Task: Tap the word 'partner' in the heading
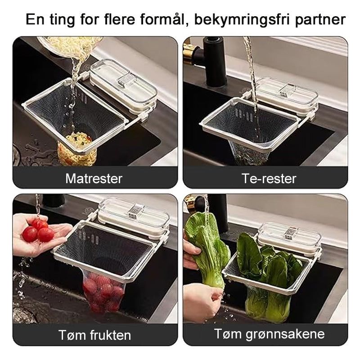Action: pyautogui.click(x=320, y=20)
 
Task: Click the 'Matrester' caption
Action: pyautogui.click(x=94, y=178)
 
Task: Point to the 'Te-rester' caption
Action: pyautogui.click(x=269, y=178)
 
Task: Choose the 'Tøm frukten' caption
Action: pyautogui.click(x=94, y=335)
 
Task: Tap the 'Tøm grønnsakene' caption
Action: pyautogui.click(x=269, y=333)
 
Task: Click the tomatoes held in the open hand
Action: pyautogui.click(x=38, y=230)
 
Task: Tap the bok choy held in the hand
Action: pyautogui.click(x=207, y=250)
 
